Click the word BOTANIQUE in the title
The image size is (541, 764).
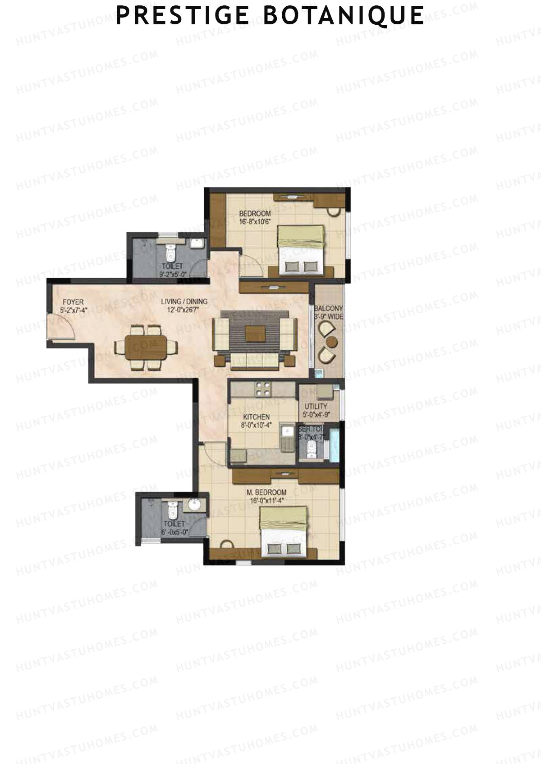343,15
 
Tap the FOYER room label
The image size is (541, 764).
73,302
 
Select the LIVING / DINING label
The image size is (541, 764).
184,302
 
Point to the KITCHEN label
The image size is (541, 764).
256,417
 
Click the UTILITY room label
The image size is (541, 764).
316,407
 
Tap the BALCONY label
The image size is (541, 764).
329,308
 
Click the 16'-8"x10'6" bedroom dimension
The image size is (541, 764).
254,221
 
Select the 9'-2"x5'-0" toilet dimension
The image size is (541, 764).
172,273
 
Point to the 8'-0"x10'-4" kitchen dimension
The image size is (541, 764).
256,425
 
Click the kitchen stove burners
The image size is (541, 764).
263,389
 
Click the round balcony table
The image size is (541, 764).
332,341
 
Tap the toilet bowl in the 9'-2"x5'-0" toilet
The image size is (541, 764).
170,253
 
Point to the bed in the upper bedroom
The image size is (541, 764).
300,249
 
